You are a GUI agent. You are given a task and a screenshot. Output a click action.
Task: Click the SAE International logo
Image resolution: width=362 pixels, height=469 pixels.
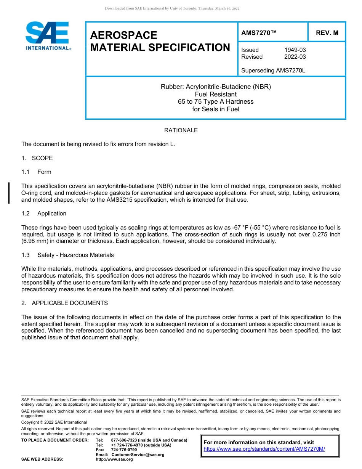(x=48, y=36)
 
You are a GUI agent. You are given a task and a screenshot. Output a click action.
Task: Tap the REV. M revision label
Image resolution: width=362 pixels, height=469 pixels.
(x=327, y=33)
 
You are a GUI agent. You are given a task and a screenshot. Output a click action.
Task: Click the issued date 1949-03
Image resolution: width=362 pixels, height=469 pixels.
(x=295, y=50)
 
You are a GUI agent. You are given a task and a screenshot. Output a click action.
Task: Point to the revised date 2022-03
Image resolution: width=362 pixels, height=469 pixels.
(x=295, y=57)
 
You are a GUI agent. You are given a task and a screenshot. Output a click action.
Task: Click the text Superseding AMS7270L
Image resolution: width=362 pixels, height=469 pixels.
(x=273, y=71)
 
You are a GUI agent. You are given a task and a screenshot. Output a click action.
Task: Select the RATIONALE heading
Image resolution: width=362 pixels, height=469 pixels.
(x=181, y=130)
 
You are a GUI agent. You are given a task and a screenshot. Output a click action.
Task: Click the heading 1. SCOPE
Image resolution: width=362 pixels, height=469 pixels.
(x=37, y=158)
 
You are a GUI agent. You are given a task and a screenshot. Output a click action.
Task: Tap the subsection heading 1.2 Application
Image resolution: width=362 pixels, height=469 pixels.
(x=44, y=214)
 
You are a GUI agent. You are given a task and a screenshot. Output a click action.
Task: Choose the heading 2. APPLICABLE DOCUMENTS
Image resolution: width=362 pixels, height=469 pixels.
(x=64, y=303)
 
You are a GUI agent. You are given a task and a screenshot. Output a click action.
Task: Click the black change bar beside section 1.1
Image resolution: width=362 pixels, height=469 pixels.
(x=9, y=193)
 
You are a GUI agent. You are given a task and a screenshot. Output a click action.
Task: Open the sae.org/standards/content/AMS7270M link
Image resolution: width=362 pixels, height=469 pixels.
(x=264, y=449)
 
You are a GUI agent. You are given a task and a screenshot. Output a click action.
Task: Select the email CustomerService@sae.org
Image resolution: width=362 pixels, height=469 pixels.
(x=138, y=455)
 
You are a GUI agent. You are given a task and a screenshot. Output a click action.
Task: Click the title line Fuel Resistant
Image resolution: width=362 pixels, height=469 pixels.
(x=215, y=94)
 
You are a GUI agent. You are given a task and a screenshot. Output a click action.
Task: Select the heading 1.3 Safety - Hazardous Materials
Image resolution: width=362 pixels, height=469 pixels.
(x=68, y=255)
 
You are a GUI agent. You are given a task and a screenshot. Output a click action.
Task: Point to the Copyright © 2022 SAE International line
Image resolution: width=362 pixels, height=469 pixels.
(x=54, y=422)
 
